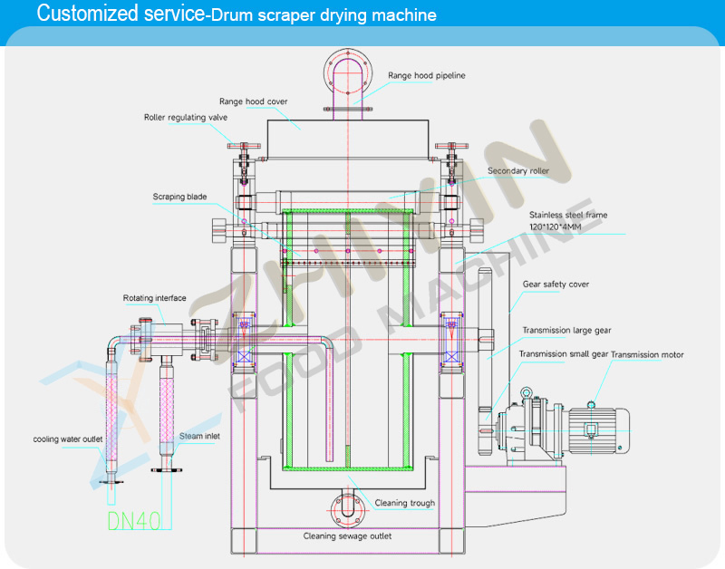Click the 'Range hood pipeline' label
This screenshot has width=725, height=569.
[426, 76]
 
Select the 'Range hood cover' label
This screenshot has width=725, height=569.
[253, 101]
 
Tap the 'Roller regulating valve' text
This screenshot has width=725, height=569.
[185, 117]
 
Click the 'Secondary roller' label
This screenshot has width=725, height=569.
[517, 170]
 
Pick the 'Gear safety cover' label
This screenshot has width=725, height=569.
[556, 284]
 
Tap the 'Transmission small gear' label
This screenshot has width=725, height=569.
[563, 354]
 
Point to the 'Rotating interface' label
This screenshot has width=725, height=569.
[155, 298]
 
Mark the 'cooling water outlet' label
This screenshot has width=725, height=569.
[69, 439]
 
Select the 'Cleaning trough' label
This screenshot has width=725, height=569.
[405, 503]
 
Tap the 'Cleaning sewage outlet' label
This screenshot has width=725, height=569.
[347, 535]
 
